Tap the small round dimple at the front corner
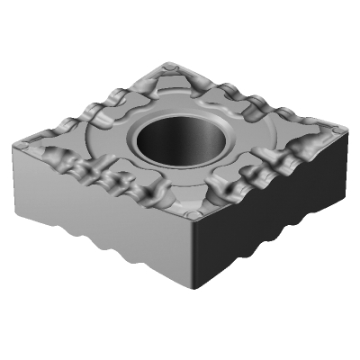[x=193, y=218]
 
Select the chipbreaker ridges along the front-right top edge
[x=270, y=175]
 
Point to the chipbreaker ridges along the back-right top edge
[x=261, y=99]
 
